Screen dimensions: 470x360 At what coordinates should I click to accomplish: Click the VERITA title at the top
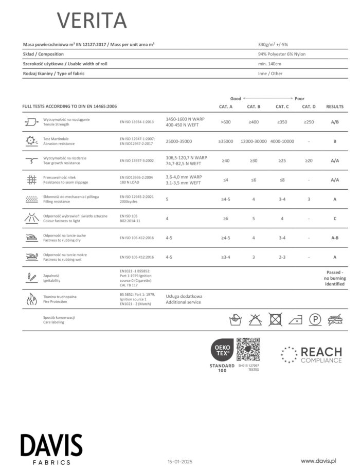92,20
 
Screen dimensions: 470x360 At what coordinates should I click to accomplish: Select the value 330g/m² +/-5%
277,44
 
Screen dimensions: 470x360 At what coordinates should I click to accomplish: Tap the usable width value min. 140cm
269,64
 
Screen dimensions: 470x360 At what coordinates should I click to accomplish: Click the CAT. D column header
309,106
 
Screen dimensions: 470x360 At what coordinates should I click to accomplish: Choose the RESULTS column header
335,106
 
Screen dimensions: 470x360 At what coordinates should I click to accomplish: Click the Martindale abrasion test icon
31,141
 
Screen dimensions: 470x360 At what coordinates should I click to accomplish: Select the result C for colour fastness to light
335,219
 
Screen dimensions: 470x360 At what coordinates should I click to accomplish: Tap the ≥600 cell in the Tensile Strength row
226,122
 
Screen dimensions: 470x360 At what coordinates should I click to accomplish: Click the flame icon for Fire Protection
31,300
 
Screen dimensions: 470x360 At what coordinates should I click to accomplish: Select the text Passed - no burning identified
335,278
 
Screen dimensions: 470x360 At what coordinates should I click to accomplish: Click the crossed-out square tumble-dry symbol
276,320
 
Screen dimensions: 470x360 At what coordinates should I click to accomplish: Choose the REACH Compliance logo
311,355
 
